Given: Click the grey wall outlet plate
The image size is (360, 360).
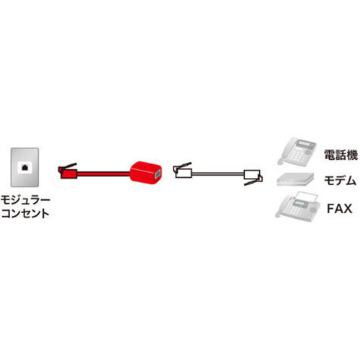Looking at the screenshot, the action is point(24,167).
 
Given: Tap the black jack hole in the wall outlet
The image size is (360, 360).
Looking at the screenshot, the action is point(24,167).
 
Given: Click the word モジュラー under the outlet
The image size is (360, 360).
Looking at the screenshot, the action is point(25,200).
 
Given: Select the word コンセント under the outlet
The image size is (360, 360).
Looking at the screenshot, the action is point(25,213).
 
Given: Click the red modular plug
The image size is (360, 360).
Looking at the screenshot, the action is point(68,171).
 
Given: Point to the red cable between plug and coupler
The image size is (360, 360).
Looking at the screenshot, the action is point(104,174).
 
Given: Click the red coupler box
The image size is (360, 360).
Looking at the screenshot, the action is point(145,172).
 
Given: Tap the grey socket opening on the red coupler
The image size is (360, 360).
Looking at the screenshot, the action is point(158,174).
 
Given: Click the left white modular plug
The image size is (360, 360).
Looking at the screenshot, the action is point(182,171).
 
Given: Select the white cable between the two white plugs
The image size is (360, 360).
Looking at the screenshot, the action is point(218,174).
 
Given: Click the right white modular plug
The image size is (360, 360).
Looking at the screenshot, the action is point(253,177).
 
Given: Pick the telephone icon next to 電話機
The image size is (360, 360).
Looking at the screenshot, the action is point(297,150).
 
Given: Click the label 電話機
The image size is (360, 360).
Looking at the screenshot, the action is point(341,155).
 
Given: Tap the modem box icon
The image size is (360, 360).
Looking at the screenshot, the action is point(295,179).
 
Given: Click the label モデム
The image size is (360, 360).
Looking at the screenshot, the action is point(340,181).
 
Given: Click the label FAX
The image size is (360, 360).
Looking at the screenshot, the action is point(339,208).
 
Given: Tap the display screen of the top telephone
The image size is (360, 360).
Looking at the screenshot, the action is point(305,144).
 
